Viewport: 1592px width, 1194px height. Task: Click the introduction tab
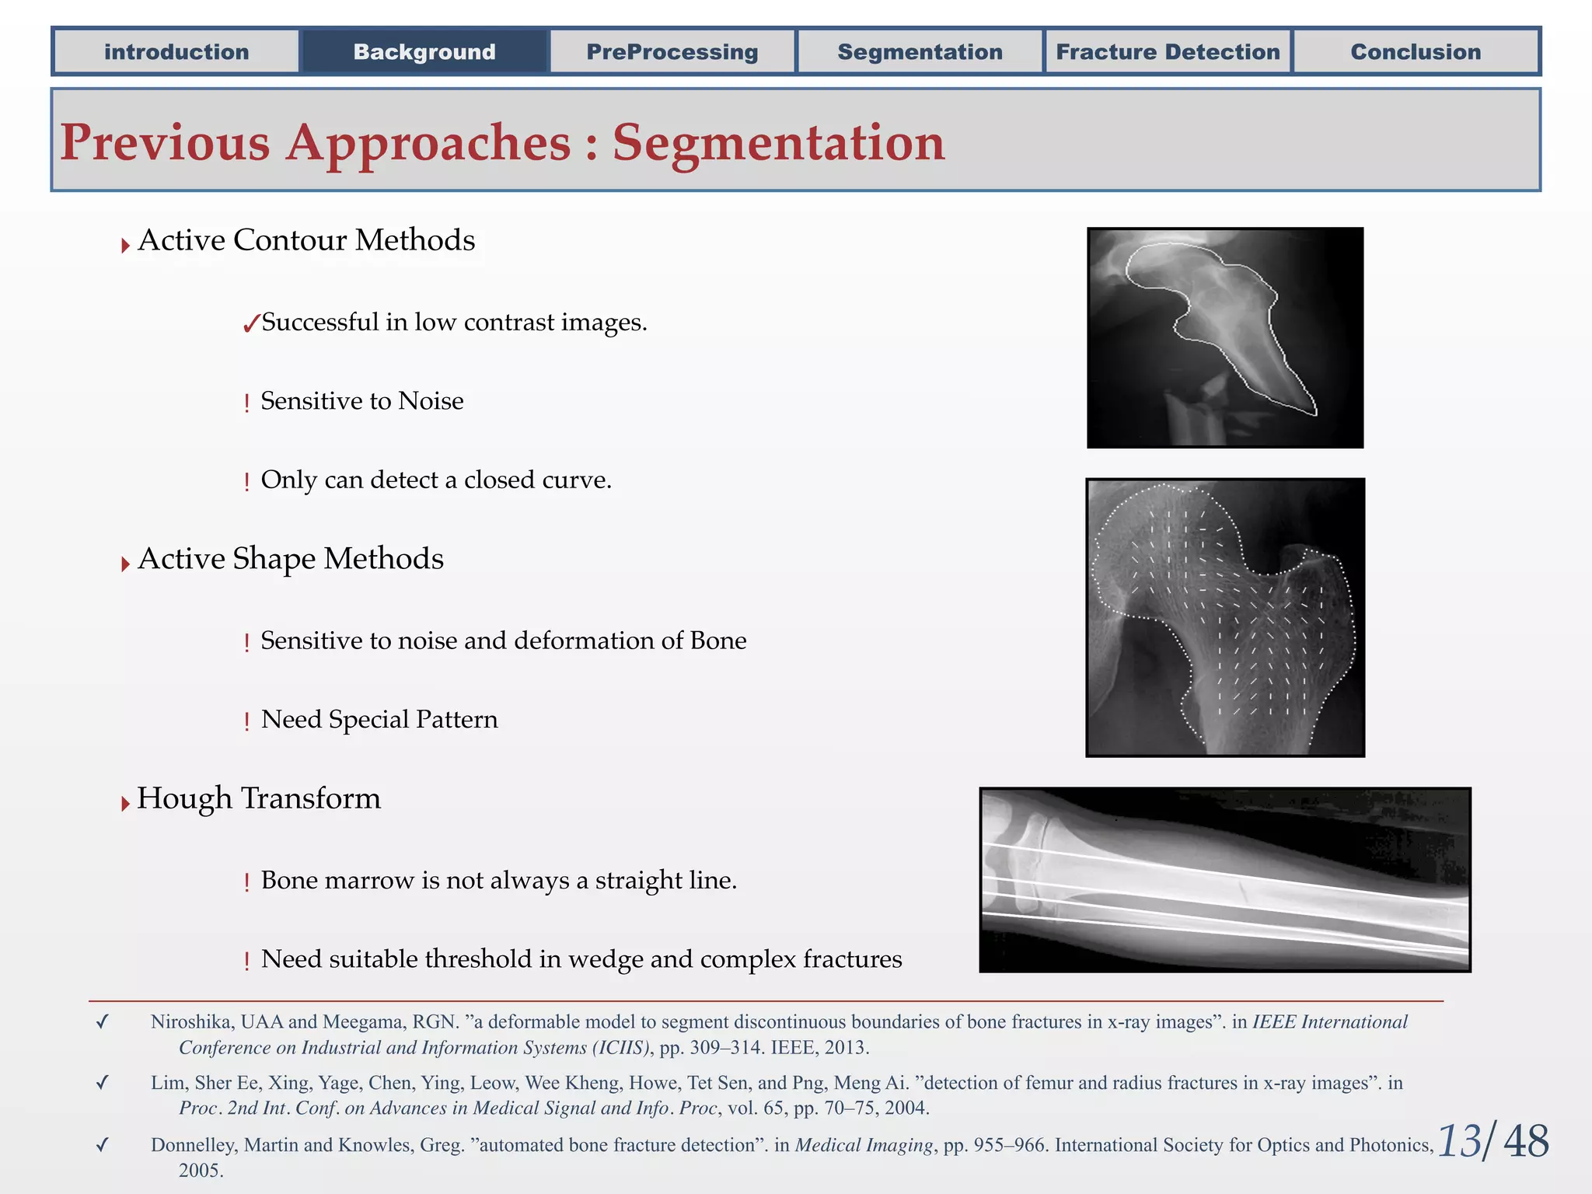tap(176, 52)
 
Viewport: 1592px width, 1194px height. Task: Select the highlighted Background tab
tap(424, 52)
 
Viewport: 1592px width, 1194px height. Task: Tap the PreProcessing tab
tap(672, 52)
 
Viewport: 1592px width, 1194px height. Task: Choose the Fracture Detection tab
tap(1168, 52)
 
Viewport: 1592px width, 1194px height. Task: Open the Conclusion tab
tap(1416, 52)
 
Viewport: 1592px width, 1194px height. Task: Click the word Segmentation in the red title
tap(778, 143)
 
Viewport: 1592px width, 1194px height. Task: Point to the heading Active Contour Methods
tap(306, 240)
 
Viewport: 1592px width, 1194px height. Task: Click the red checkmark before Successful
tap(250, 323)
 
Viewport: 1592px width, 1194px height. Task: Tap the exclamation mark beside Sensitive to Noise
tap(246, 403)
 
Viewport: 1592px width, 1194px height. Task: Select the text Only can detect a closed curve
tap(436, 480)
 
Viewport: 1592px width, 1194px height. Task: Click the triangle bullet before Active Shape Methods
tap(125, 564)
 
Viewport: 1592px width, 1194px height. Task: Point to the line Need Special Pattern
tap(379, 719)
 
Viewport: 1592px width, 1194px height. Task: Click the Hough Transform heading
tap(259, 798)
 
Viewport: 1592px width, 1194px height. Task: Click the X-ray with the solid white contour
tap(1224, 337)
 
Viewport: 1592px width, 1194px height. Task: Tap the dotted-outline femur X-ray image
tap(1224, 617)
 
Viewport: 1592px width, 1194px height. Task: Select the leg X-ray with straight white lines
tap(1224, 879)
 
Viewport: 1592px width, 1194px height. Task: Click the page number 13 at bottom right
tap(1459, 1141)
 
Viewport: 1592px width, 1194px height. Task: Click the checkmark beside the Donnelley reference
tap(102, 1145)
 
